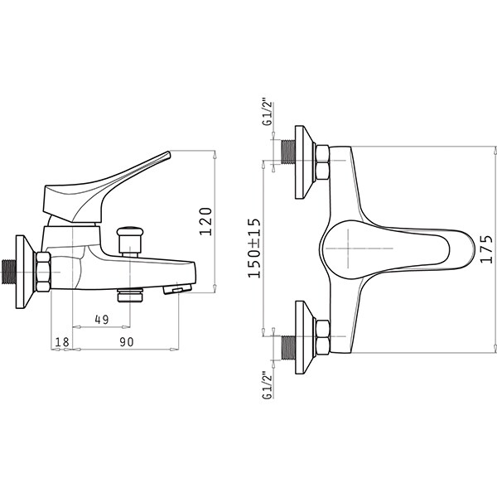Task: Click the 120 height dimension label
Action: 205,221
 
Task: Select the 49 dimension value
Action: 102,319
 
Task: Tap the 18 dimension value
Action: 62,342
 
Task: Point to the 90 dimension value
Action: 127,341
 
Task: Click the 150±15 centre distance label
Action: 254,248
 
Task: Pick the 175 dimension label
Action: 486,249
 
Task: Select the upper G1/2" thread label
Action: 268,113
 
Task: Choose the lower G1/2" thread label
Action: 268,386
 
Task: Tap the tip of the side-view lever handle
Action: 169,153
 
